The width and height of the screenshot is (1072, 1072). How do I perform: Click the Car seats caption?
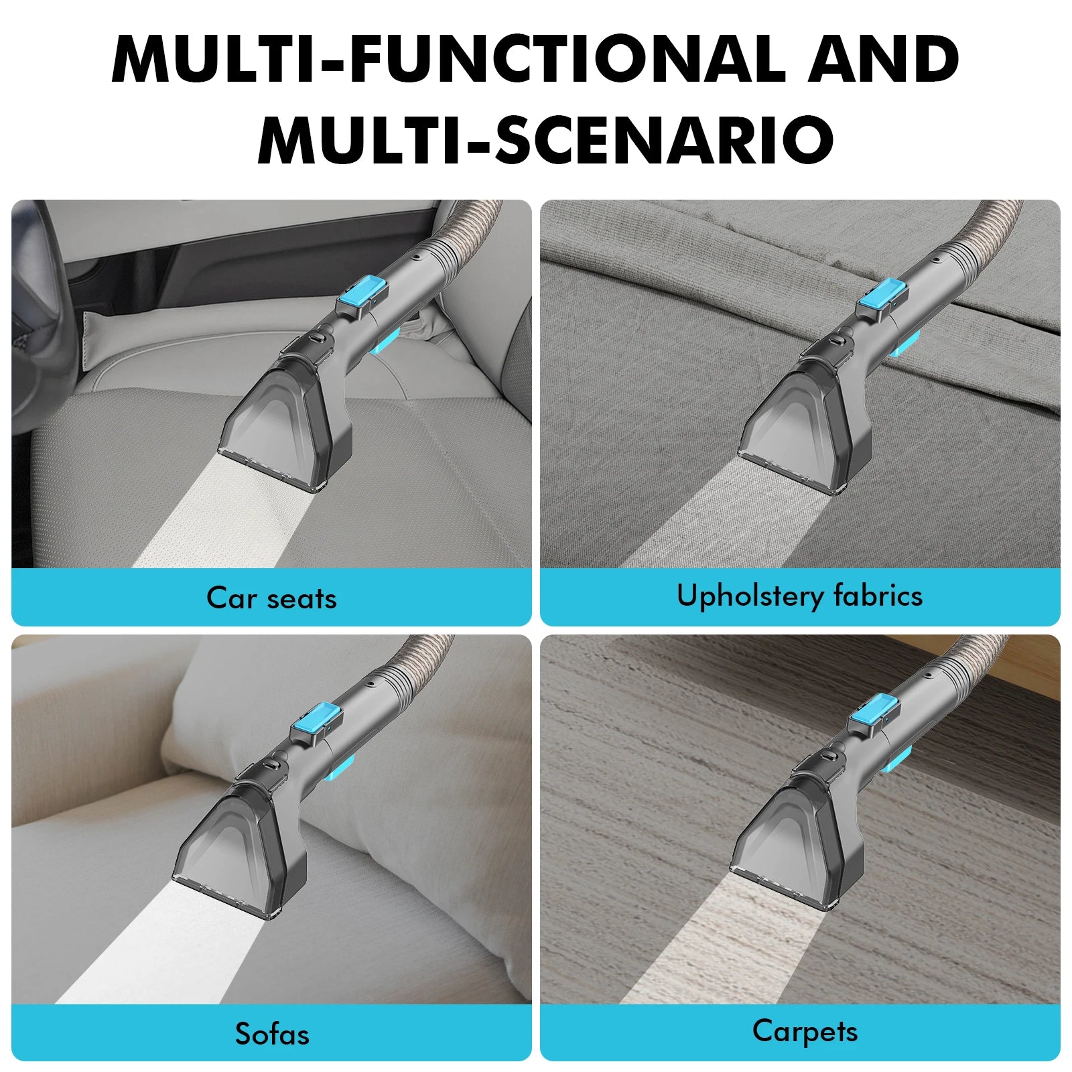271,598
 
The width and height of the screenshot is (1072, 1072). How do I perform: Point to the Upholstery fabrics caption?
799,596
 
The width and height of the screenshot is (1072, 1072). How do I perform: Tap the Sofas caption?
272,1034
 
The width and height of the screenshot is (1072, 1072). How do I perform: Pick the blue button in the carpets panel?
874,712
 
